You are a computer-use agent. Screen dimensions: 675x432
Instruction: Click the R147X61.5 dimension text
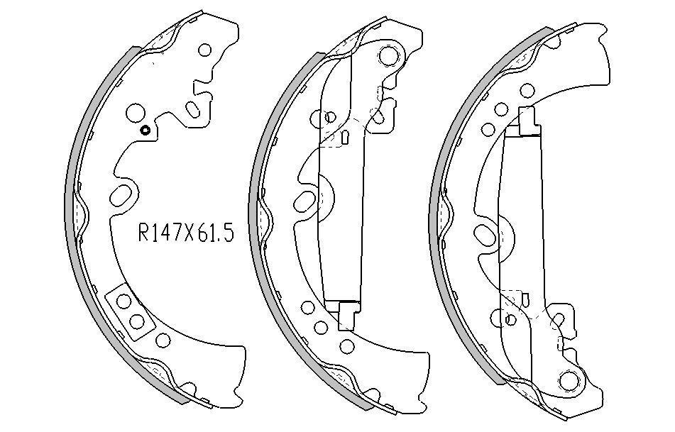point(186,233)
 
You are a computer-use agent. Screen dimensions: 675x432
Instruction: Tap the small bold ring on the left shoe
point(145,130)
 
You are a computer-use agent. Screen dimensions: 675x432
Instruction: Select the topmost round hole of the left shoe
point(205,50)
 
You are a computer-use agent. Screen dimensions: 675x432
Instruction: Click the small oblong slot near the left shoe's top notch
point(192,109)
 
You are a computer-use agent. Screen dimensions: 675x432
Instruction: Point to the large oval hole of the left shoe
point(121,195)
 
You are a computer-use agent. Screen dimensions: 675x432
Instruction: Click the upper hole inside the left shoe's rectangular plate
point(124,301)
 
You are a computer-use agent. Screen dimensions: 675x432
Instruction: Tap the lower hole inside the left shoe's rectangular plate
point(137,321)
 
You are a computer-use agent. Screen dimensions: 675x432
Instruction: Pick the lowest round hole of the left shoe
point(163,340)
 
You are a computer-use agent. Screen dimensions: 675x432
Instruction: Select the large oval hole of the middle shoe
point(304,199)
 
